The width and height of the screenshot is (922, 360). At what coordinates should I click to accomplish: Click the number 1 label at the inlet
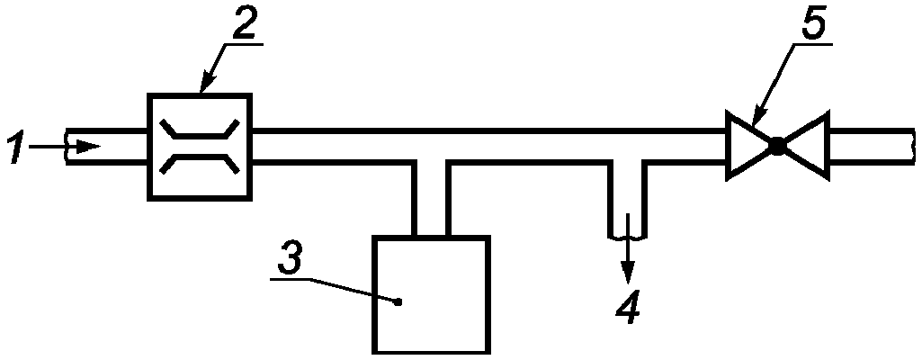pyautogui.click(x=18, y=146)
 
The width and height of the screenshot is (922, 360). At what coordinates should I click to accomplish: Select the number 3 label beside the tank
pyautogui.click(x=291, y=256)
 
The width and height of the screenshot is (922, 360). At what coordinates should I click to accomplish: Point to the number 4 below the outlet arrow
pyautogui.click(x=628, y=306)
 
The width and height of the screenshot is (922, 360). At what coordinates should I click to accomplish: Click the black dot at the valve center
pyautogui.click(x=777, y=145)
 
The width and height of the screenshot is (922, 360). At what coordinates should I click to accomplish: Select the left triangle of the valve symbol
pyautogui.click(x=749, y=145)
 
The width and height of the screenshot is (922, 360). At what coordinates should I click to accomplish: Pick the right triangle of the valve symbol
pyautogui.click(x=806, y=145)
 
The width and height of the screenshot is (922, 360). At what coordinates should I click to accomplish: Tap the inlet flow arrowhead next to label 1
pyautogui.click(x=88, y=146)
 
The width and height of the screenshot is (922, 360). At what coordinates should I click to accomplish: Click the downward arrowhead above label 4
pyautogui.click(x=628, y=271)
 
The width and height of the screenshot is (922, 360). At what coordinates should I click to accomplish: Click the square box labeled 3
pyautogui.click(x=432, y=294)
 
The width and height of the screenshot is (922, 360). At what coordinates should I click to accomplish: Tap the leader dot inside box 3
pyautogui.click(x=398, y=301)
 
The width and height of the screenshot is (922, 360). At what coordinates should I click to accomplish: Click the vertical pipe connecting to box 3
pyautogui.click(x=432, y=198)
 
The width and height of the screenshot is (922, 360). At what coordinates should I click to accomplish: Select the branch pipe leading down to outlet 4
pyautogui.click(x=627, y=200)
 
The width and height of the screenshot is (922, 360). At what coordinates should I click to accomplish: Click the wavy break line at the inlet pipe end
pyautogui.click(x=67, y=146)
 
